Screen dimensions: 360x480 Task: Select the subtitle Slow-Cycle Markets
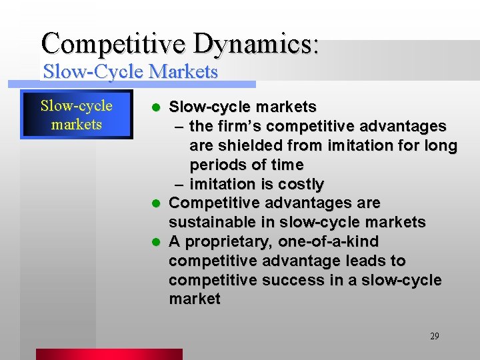pyautogui.click(x=130, y=71)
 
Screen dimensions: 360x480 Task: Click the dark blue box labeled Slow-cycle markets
pyautogui.click(x=77, y=115)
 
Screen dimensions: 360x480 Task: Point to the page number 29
pyautogui.click(x=434, y=336)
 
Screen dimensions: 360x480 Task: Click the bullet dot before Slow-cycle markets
pyautogui.click(x=156, y=107)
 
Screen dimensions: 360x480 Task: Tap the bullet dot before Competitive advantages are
pyautogui.click(x=156, y=203)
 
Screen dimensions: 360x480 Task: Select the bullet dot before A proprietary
pyautogui.click(x=156, y=241)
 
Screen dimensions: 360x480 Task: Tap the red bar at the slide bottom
pyautogui.click(x=109, y=354)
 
